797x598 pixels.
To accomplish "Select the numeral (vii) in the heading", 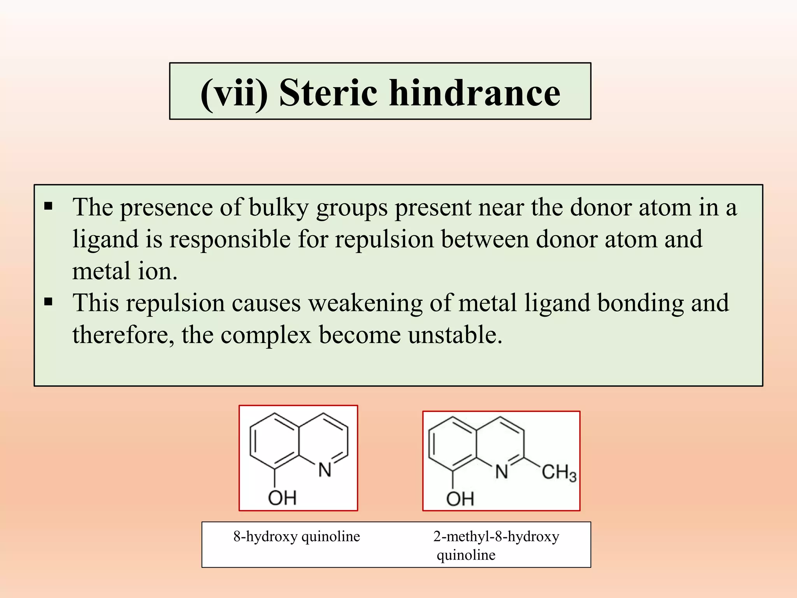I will pyautogui.click(x=234, y=93).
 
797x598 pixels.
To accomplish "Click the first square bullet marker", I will pyautogui.click(x=48, y=206).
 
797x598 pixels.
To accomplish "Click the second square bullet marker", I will pyautogui.click(x=48, y=302).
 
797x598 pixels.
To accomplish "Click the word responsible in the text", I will pyautogui.click(x=230, y=239).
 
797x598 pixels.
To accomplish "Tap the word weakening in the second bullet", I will pyautogui.click(x=365, y=303).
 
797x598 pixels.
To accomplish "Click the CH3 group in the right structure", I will pyautogui.click(x=559, y=472).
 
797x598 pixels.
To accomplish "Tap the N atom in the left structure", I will pyautogui.click(x=325, y=470).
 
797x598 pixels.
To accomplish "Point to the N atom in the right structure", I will pyautogui.click(x=502, y=472).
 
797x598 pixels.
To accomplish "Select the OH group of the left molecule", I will pyautogui.click(x=282, y=498).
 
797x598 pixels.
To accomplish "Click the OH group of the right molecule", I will pyautogui.click(x=460, y=499).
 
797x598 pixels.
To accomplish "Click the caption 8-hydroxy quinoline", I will pyautogui.click(x=297, y=536).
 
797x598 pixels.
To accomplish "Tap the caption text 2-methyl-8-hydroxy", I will pyautogui.click(x=496, y=536).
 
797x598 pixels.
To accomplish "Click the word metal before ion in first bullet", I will pyautogui.click(x=101, y=271).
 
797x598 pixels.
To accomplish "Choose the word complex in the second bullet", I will pyautogui.click(x=266, y=335).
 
